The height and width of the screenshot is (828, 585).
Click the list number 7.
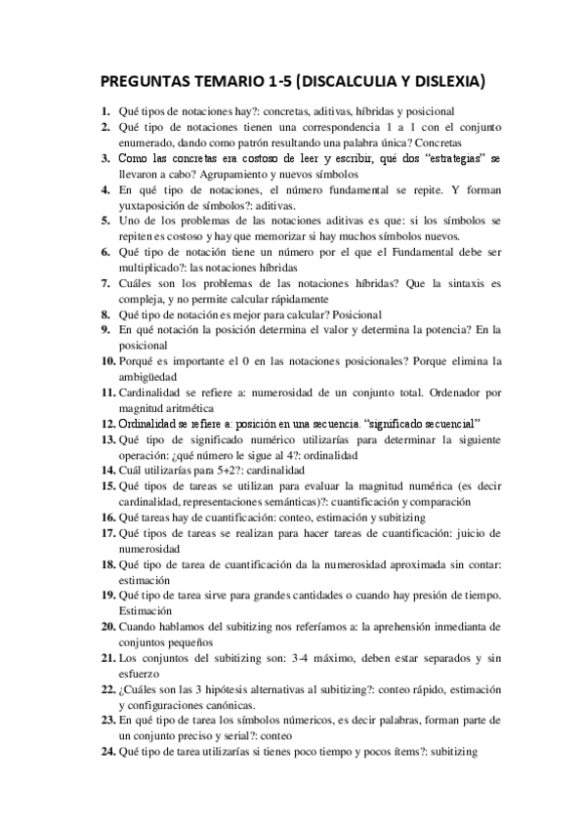[x=108, y=283]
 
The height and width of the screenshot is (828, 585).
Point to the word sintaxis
[x=445, y=283]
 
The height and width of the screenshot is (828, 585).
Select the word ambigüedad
[x=156, y=376]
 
